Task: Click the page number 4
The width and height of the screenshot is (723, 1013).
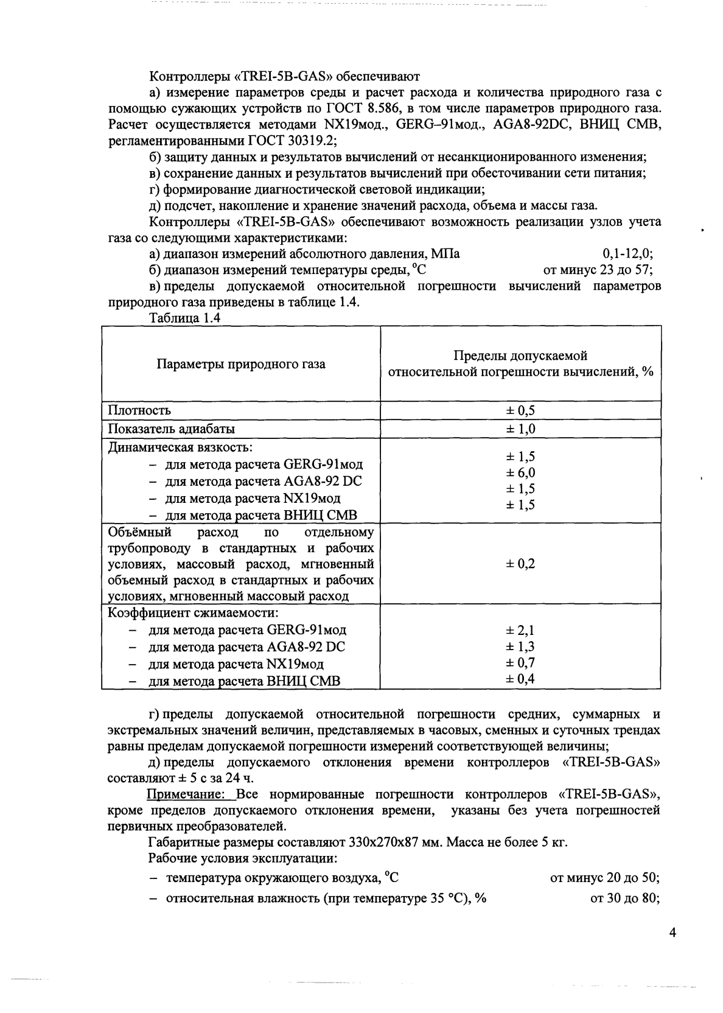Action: tap(672, 933)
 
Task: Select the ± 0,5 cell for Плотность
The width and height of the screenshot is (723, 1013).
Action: tap(520, 410)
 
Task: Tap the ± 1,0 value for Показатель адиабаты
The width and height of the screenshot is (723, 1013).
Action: tap(520, 429)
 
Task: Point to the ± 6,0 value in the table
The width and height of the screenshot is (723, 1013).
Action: tap(520, 473)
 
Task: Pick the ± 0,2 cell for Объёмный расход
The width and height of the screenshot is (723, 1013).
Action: tap(520, 564)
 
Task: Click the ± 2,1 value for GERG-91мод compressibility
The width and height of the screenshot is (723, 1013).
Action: tap(520, 631)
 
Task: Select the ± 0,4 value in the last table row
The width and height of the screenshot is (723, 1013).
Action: tap(520, 679)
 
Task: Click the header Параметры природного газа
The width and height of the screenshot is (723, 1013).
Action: tap(241, 364)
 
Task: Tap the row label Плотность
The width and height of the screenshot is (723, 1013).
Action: tap(139, 410)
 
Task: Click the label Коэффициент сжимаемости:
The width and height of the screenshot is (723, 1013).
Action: tap(194, 612)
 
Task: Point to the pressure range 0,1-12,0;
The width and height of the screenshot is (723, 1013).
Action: tap(627, 254)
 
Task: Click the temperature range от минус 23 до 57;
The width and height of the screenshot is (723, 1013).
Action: tap(598, 270)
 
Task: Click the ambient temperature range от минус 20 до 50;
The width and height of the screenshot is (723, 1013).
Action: tap(604, 878)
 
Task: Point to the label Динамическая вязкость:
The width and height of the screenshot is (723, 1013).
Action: tap(180, 447)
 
